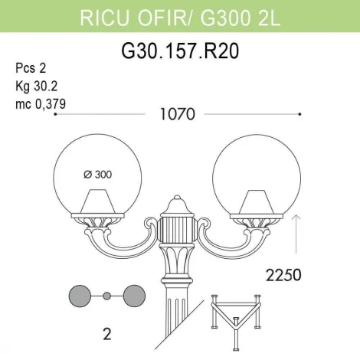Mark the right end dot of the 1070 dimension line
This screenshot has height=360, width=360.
click(299, 115)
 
